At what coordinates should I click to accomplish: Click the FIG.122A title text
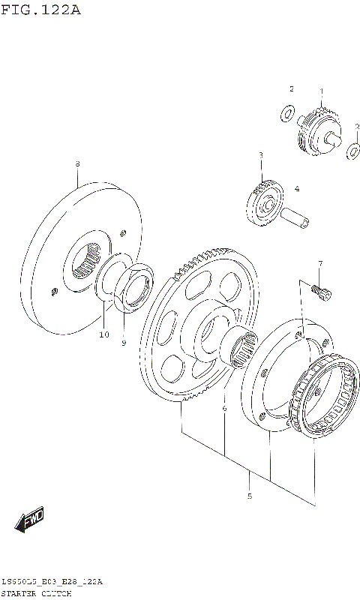pos(40,10)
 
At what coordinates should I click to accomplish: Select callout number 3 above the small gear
pos(260,155)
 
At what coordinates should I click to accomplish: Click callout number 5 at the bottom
pos(249,496)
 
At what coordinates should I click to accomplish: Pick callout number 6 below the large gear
pos(223,408)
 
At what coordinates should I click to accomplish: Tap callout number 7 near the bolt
pos(319,263)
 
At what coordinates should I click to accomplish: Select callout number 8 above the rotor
pos(77,163)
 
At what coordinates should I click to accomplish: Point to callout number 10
pos(104,334)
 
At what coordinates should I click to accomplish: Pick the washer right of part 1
pos(353,152)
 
